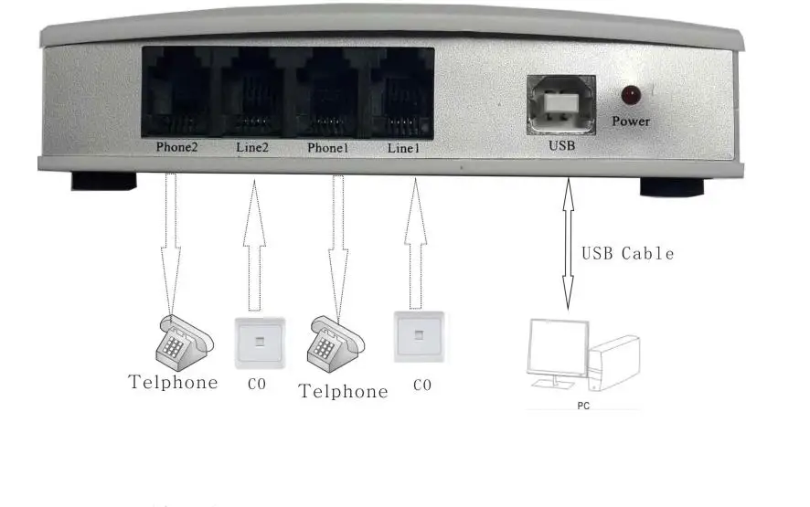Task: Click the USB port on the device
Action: point(560,102)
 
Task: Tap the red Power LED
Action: point(630,94)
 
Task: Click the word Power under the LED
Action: point(631,121)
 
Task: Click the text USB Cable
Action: point(628,253)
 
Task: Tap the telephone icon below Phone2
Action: point(183,341)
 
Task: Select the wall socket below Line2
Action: point(260,341)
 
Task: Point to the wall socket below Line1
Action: point(420,337)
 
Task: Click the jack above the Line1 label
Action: point(404,94)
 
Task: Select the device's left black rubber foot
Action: point(103,181)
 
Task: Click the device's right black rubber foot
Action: point(671,187)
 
